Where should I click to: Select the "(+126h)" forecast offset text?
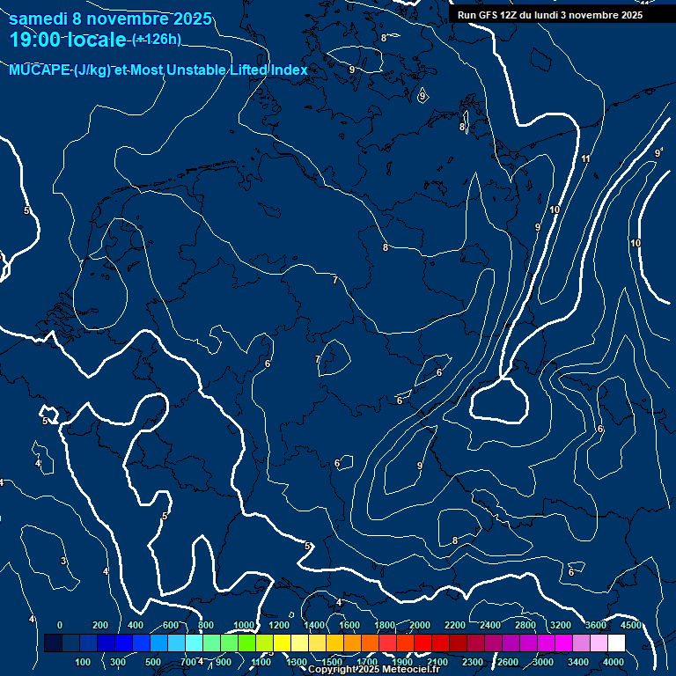[x=158, y=40]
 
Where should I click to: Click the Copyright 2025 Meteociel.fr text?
[x=374, y=670]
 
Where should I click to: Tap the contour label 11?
[x=585, y=159]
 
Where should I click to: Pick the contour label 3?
[x=63, y=561]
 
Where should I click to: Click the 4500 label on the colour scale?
[x=631, y=625]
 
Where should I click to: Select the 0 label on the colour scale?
[x=59, y=625]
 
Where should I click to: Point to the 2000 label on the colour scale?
[x=420, y=625]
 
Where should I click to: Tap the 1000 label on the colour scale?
[x=244, y=625]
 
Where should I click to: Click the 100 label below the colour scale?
[x=84, y=662]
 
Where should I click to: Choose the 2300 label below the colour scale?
[x=473, y=662]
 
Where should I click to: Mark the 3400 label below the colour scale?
[x=578, y=662]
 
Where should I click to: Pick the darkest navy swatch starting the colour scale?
[x=53, y=643]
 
